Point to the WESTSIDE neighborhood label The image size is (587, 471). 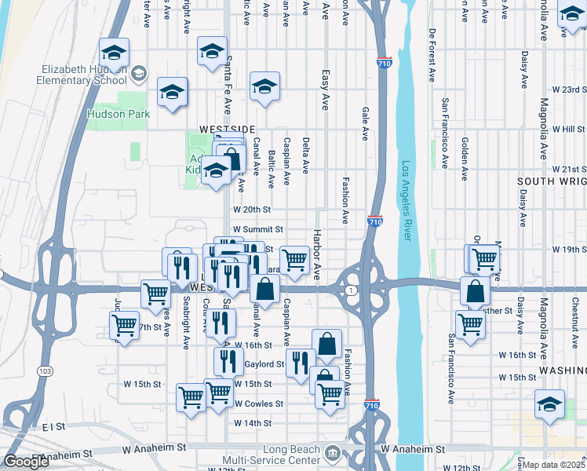pyautogui.click(x=227, y=129)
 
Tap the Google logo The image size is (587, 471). pyautogui.click(x=26, y=462)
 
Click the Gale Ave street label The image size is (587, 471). pyautogui.click(x=365, y=123)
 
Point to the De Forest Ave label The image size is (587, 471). pyautogui.click(x=432, y=56)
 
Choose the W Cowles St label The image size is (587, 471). pyautogui.click(x=258, y=403)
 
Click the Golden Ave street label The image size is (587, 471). pyautogui.click(x=465, y=159)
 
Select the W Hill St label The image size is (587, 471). pyautogui.click(x=568, y=129)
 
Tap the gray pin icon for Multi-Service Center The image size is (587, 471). pyautogui.click(x=333, y=453)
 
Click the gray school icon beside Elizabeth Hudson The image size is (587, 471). pyautogui.click(x=139, y=74)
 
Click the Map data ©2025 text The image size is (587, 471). pyautogui.click(x=554, y=465)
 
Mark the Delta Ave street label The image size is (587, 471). pyautogui.click(x=306, y=155)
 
